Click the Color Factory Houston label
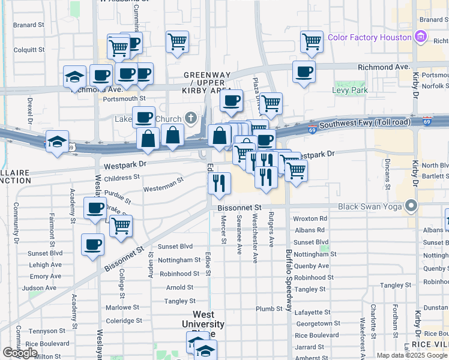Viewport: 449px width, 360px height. click(x=369, y=37)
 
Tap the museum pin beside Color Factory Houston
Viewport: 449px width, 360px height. click(x=420, y=37)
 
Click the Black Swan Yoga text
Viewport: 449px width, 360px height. click(x=371, y=206)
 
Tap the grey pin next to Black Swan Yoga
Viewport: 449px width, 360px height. click(x=411, y=206)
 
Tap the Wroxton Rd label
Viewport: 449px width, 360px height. click(x=310, y=219)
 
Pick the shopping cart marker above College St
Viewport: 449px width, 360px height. click(x=121, y=226)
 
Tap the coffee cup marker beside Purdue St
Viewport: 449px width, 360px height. click(x=94, y=208)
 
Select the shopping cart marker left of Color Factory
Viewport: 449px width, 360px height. click(x=312, y=41)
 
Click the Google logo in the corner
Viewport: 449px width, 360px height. click(x=20, y=353)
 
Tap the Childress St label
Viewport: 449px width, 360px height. click(x=121, y=178)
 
